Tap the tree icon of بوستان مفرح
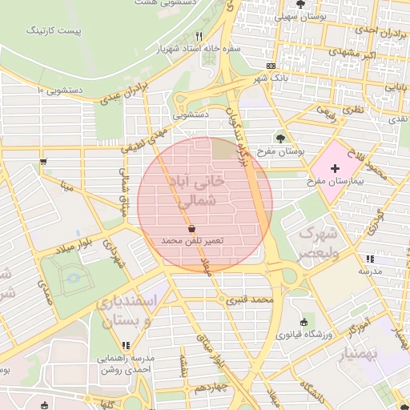pyautogui.click(x=279, y=138)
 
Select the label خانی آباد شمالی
pyautogui.click(x=195, y=192)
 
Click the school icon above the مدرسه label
pyautogui.click(x=369, y=259)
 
